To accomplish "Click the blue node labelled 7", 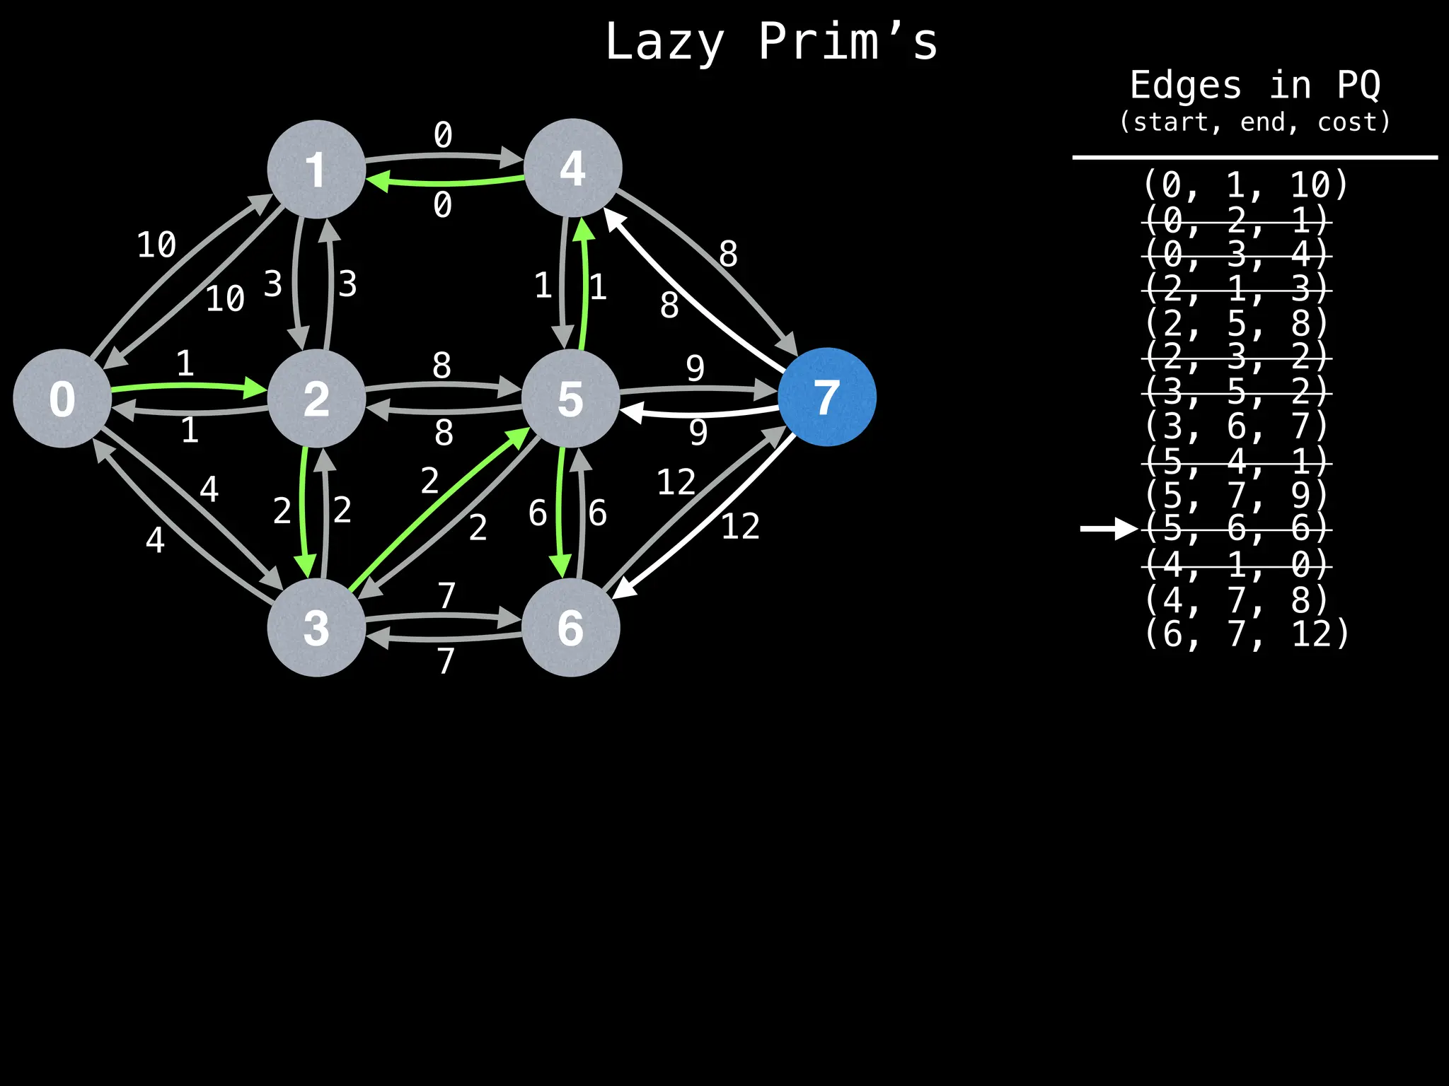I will [x=826, y=397].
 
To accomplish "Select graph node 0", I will [x=62, y=398].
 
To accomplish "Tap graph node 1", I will [x=316, y=169].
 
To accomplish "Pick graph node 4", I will [x=572, y=168].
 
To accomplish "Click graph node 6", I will [x=570, y=627].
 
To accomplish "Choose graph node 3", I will [x=316, y=627].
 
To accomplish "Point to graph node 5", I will [x=570, y=398].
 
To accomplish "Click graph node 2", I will [x=316, y=398].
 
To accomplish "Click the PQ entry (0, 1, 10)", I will [x=1246, y=185].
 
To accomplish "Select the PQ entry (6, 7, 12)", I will [x=1246, y=633].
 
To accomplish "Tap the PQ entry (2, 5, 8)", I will [x=1237, y=323].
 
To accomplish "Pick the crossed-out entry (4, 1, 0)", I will [x=1237, y=564].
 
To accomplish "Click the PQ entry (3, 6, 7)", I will [x=1237, y=426].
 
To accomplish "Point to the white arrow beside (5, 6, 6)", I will [x=1108, y=529].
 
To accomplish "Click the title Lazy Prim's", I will [x=771, y=42].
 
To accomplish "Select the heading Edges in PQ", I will [x=1254, y=86].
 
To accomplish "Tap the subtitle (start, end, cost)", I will [x=1254, y=122].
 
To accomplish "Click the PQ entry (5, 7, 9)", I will [x=1237, y=495].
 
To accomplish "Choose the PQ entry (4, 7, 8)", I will [x=1237, y=599].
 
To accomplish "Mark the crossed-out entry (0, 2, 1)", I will [x=1237, y=221].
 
